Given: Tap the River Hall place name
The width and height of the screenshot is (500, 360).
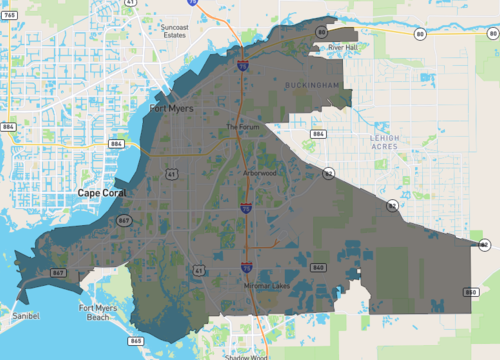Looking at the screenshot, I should (x=343, y=47).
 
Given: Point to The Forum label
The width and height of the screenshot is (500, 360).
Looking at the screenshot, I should (x=242, y=127).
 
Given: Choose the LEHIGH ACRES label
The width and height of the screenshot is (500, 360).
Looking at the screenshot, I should (x=384, y=142).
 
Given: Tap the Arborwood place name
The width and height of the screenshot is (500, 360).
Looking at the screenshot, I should (x=259, y=172).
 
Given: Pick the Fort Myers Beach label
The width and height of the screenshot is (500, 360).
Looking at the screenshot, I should (x=100, y=313).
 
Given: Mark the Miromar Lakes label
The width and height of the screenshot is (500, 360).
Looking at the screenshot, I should (x=265, y=286).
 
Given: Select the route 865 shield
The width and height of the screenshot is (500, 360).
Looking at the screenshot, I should (x=135, y=341).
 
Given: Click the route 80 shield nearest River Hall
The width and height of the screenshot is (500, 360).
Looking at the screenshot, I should (x=321, y=32).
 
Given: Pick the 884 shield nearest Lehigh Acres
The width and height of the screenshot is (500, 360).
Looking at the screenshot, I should (x=318, y=133).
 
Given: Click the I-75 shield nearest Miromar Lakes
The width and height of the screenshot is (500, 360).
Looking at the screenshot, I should (x=246, y=267).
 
